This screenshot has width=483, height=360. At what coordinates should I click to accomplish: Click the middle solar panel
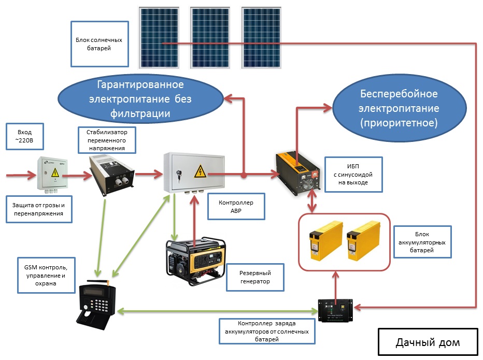click(x=210, y=38)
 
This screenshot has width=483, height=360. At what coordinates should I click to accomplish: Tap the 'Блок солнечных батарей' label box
click(x=100, y=44)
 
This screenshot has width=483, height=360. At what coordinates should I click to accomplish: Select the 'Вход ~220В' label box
click(x=25, y=136)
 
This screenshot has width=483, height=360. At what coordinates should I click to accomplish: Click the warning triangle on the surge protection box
click(x=55, y=172)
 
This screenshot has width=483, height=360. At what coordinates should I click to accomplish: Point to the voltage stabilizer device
click(x=111, y=175)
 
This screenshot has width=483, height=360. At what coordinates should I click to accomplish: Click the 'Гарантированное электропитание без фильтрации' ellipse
click(x=140, y=98)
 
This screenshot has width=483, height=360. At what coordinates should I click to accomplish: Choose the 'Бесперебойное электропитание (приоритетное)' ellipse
click(x=400, y=108)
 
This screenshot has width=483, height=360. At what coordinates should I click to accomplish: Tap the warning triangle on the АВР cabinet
click(x=200, y=171)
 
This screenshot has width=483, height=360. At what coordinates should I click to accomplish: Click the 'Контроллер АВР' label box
click(x=236, y=206)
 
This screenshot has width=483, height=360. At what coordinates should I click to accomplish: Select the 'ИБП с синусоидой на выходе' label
click(x=353, y=175)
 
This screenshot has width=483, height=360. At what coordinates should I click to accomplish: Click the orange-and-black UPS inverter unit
click(x=297, y=173)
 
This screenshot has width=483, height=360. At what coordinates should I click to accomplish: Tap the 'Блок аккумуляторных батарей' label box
click(x=422, y=242)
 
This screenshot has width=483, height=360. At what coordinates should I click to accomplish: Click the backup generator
click(x=195, y=261)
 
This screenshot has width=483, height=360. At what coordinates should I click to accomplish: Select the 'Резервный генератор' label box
click(x=255, y=277)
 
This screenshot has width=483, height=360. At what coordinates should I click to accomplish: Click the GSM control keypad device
click(x=96, y=305)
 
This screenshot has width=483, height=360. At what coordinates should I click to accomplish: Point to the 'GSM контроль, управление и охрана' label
click(x=46, y=276)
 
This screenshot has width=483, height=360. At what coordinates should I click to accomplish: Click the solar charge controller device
click(x=335, y=310)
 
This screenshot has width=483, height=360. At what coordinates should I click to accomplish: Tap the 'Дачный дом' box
click(x=428, y=342)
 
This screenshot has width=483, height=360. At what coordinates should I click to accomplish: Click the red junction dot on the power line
click(x=244, y=176)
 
